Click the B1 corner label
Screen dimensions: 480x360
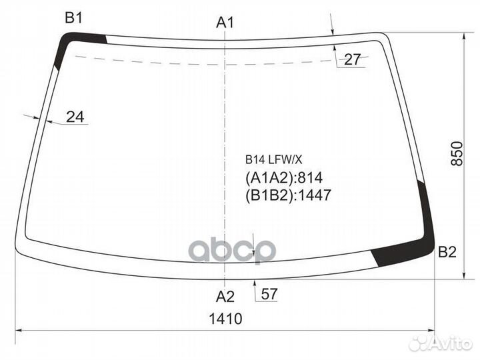coord(74,18)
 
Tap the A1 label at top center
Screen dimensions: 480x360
coord(225,23)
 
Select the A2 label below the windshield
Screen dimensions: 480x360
coord(225,296)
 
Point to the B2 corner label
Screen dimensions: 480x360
coord(447,252)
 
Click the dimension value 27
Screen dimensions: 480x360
coord(353,59)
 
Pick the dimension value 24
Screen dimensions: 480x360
coord(75,117)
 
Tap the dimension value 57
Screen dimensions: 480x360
coord(269,294)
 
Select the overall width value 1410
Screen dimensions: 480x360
coord(225,319)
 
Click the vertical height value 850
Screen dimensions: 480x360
coord(457,153)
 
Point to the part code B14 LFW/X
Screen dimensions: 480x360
coord(274,159)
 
